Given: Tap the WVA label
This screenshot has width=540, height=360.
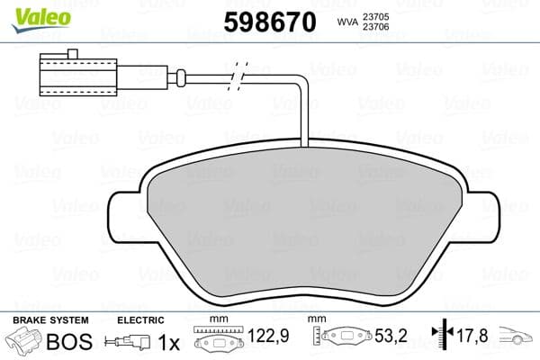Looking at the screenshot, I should tap(347, 22).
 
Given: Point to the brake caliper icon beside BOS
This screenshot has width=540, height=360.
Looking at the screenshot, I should tap(24, 343).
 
